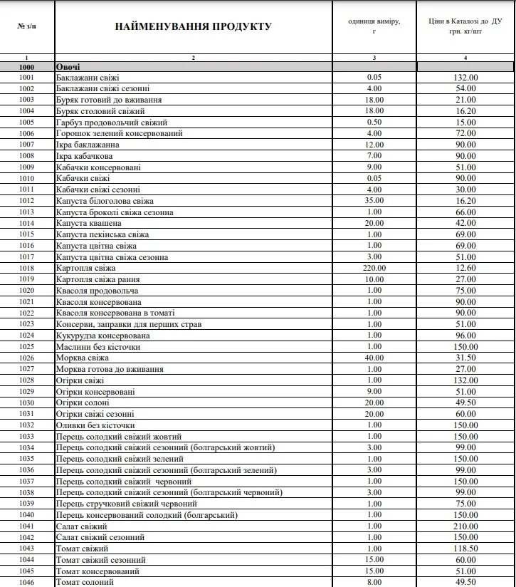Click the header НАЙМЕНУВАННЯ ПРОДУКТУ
[x=193, y=27]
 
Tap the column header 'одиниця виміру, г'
[x=374, y=26]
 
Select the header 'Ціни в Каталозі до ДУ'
[x=465, y=26]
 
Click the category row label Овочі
[x=68, y=66]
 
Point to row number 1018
[x=27, y=268]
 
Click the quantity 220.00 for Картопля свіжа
[x=374, y=268]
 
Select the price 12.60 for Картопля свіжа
[x=465, y=268]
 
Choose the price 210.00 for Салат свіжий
[x=465, y=526]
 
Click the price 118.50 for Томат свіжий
[x=465, y=549]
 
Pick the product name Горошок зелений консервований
[x=120, y=133]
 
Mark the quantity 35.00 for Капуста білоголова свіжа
[x=374, y=201]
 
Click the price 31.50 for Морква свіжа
[x=465, y=358]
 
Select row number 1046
[x=27, y=582]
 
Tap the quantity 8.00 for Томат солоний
[x=374, y=582]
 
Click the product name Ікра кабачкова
[x=84, y=156]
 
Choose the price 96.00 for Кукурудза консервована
[x=465, y=336]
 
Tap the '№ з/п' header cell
[x=27, y=26]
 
